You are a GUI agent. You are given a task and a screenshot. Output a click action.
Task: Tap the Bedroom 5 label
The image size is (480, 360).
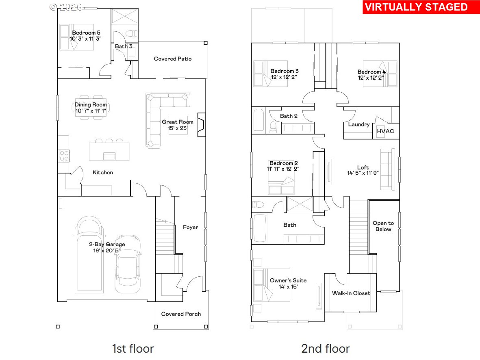(x=86, y=33)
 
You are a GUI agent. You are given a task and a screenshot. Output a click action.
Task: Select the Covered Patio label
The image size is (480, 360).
(x=173, y=59)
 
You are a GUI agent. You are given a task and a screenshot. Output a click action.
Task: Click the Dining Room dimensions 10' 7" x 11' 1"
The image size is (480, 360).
(x=91, y=111)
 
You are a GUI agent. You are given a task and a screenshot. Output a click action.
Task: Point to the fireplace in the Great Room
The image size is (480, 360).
(x=201, y=124)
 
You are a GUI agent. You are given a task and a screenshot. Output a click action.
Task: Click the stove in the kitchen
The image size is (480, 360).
(x=64, y=156)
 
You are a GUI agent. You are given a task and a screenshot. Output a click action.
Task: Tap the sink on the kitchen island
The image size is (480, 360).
(x=109, y=156)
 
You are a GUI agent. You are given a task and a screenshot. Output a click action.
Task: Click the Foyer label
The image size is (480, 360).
(x=190, y=227)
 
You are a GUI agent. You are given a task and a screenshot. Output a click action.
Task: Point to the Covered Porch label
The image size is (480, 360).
(x=181, y=314)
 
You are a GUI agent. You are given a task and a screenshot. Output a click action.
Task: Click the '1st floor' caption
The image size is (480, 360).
(x=133, y=348)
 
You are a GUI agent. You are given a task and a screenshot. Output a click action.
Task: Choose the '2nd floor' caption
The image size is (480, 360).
(x=325, y=348)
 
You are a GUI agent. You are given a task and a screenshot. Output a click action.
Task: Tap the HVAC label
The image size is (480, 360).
(x=385, y=131)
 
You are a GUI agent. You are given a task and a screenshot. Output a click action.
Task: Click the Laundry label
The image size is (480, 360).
(x=359, y=124)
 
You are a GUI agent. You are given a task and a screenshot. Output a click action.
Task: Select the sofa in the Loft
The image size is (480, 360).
(x=388, y=169)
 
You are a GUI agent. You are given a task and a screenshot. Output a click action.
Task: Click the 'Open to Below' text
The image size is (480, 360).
(x=383, y=226)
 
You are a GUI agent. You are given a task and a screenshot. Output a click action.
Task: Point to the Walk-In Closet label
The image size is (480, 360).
(x=351, y=293)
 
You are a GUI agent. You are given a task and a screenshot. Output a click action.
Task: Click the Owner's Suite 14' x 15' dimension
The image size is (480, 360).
(x=288, y=286)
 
